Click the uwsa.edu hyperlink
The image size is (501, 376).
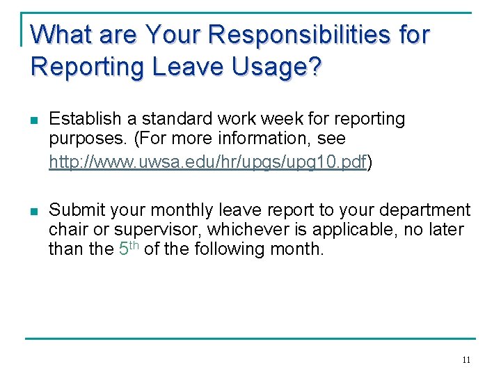tap(207, 163)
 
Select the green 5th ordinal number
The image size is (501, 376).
tap(126, 248)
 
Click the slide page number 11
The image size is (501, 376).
tap(466, 360)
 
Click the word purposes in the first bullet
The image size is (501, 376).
tap(83, 139)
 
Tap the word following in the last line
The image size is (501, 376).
tap(218, 249)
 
